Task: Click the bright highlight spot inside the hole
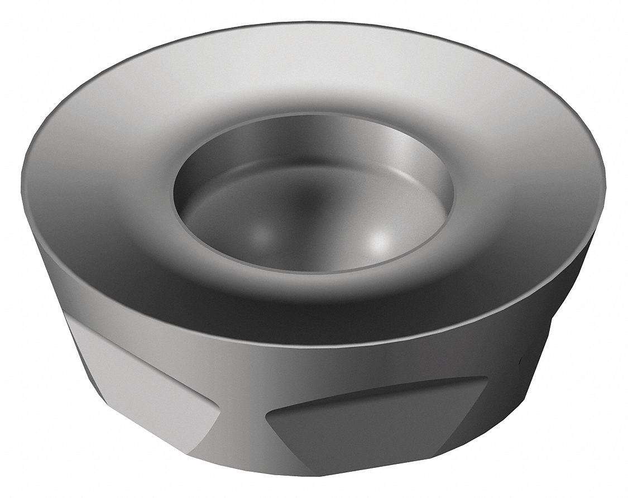point(380,241)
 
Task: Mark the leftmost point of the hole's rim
point(174,193)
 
